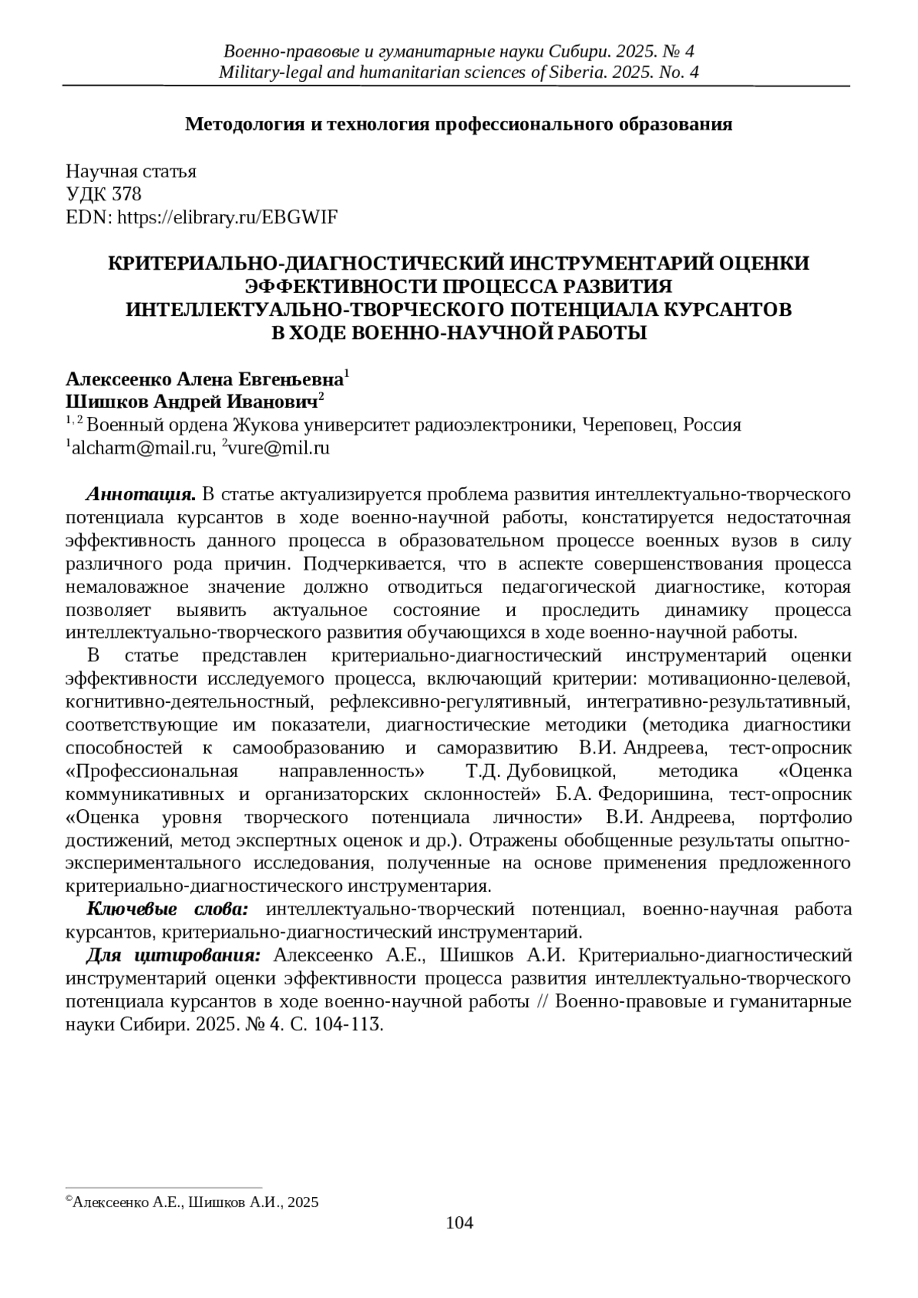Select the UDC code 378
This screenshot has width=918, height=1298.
[x=126, y=194]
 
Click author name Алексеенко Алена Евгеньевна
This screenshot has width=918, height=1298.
[x=204, y=379]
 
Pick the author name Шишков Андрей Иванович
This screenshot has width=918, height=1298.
[x=191, y=402]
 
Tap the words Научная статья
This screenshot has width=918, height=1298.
[x=131, y=171]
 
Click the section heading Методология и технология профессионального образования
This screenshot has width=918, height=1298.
[x=459, y=124]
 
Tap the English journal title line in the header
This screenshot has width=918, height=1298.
[x=459, y=73]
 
